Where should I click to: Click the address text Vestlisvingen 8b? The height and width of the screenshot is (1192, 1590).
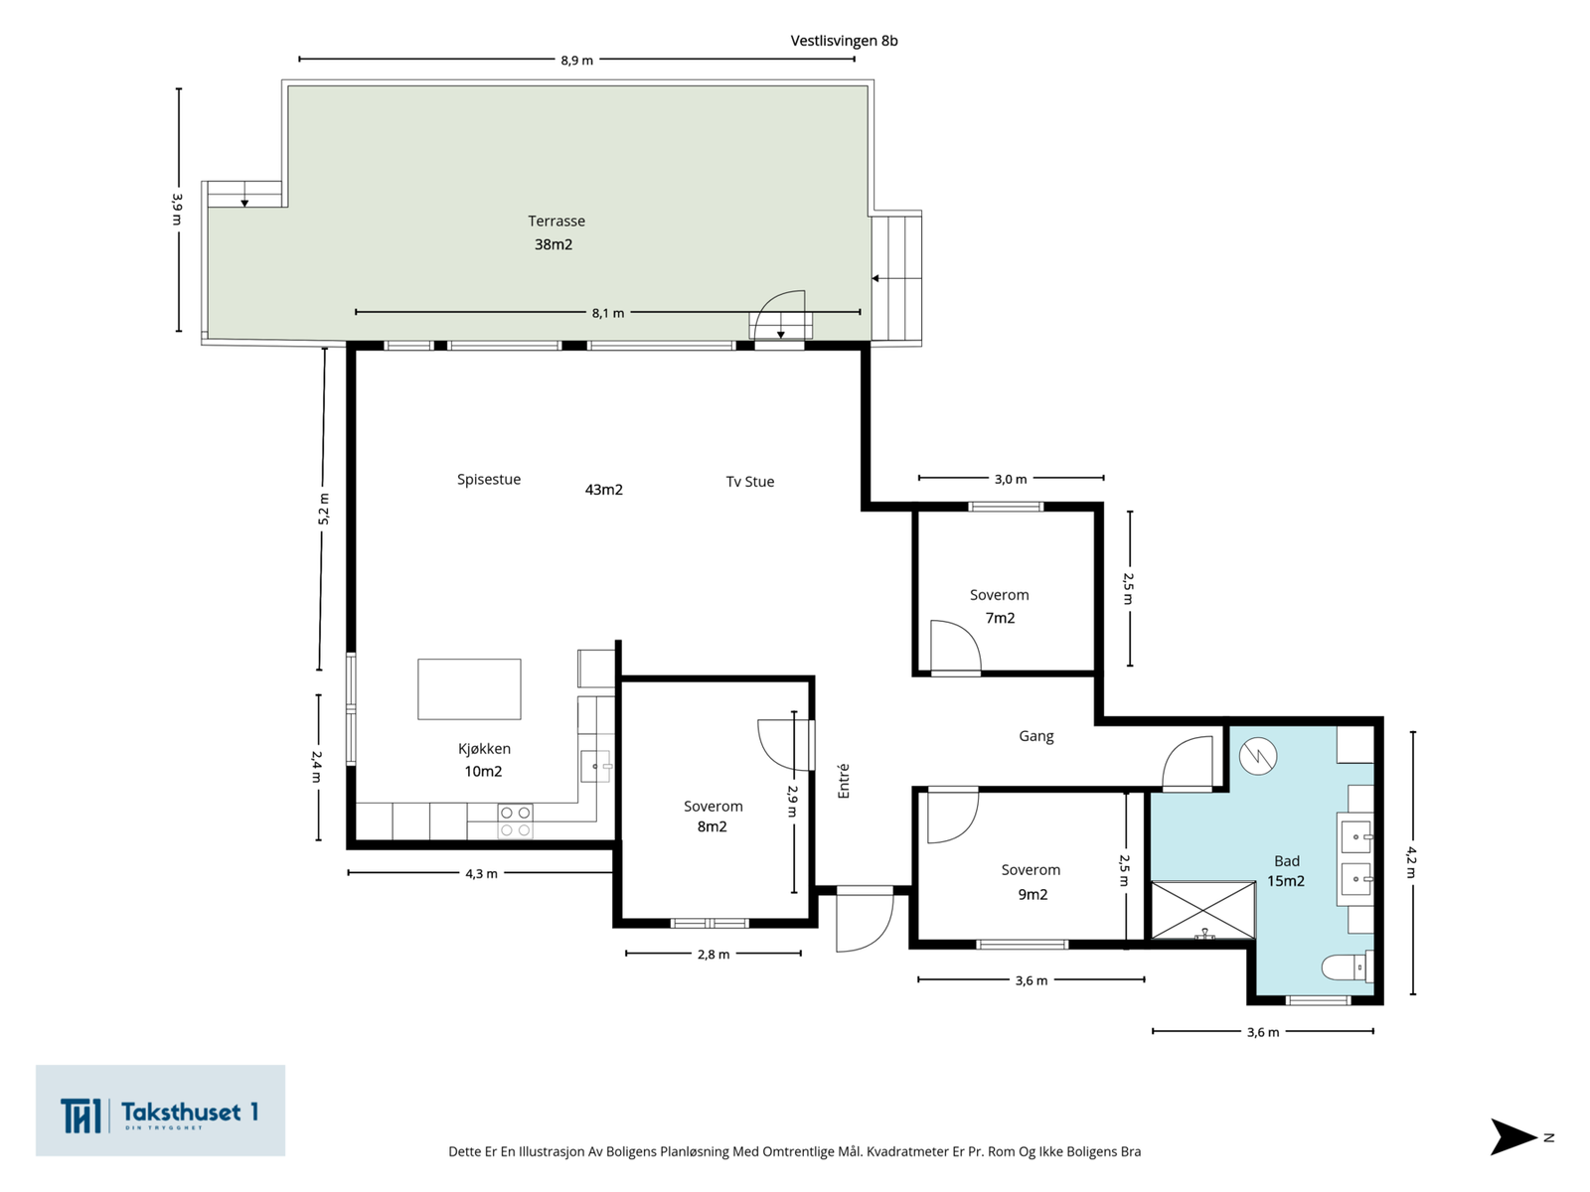tap(844, 42)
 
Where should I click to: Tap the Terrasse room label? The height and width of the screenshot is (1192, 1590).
tap(556, 222)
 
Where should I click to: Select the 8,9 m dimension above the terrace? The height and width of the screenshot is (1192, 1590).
tap(576, 60)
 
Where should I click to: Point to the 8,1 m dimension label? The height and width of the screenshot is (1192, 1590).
tap(608, 313)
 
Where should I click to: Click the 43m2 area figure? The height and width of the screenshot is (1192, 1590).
tap(604, 490)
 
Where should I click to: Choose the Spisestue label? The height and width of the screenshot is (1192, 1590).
tap(489, 480)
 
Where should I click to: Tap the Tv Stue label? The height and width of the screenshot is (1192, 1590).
tap(750, 482)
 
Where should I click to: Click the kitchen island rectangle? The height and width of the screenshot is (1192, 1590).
tap(469, 689)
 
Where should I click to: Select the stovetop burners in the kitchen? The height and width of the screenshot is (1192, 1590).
tap(516, 820)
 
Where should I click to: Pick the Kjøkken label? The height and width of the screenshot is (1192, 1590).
tap(484, 749)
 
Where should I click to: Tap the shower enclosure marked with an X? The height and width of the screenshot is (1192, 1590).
tap(1203, 910)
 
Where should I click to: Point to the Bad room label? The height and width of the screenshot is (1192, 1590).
tap(1287, 861)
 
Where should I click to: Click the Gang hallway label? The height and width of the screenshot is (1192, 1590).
tap(1036, 737)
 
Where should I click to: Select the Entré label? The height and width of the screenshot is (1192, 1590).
tap(843, 781)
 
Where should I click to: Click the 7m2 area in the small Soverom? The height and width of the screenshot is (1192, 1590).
tap(1001, 618)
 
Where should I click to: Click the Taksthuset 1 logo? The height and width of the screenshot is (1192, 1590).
tap(160, 1111)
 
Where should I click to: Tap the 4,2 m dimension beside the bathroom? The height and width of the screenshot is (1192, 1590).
tap(1412, 862)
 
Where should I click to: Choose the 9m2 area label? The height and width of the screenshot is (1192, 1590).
tap(1033, 895)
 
